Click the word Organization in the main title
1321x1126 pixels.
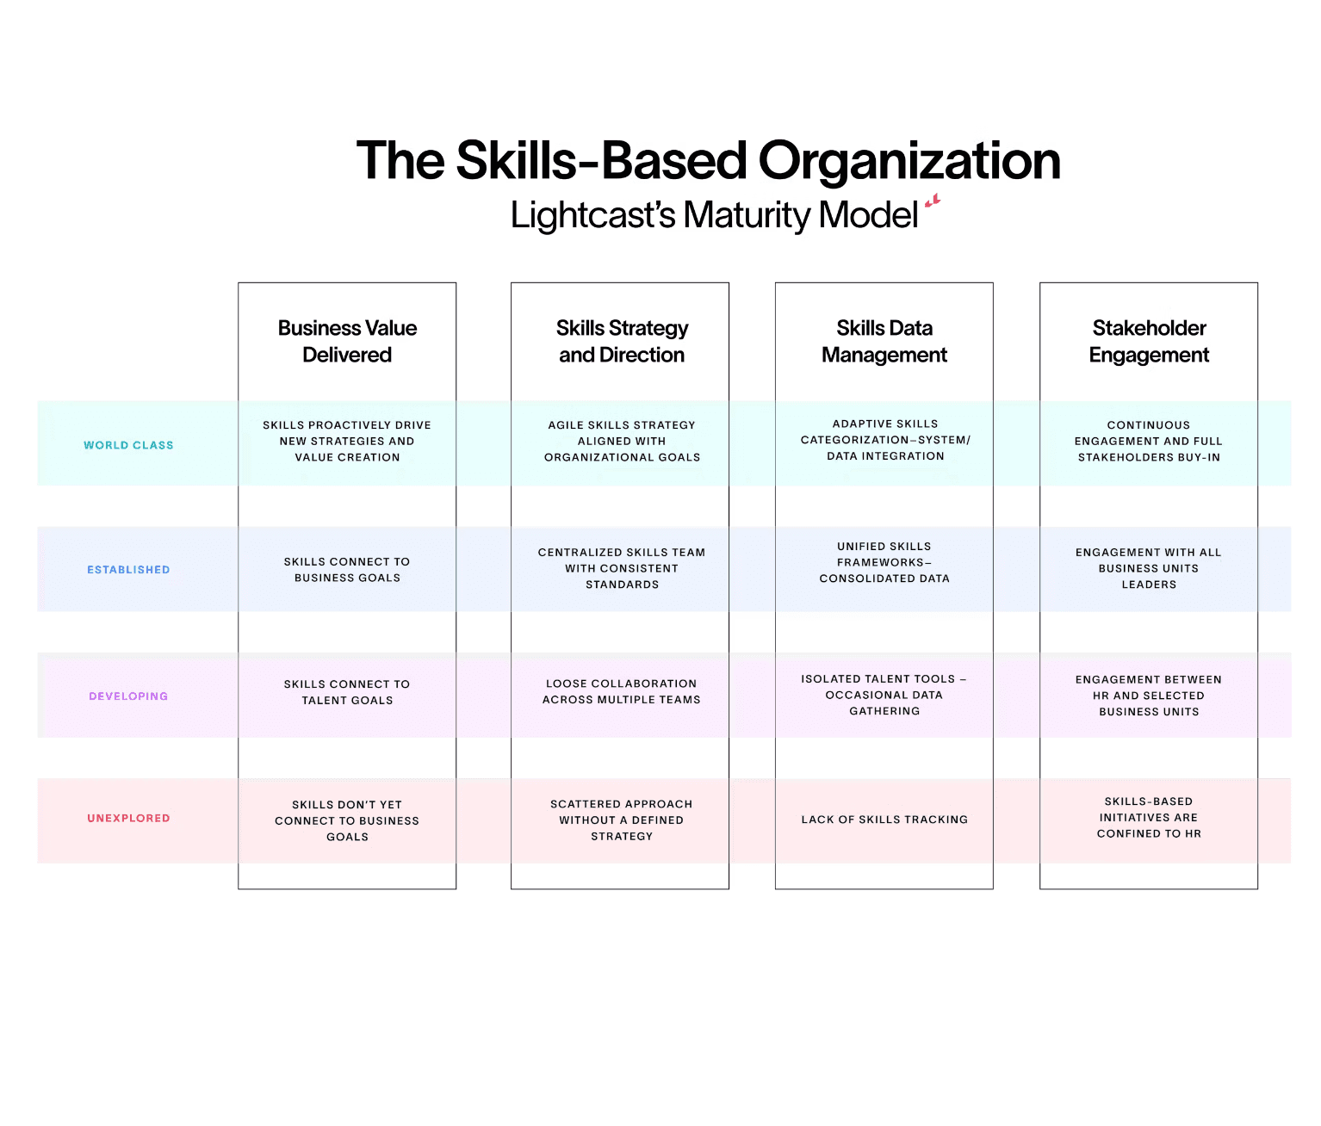coord(909,161)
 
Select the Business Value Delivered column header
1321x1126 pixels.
coord(347,341)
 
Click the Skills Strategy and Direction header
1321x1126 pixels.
coord(621,341)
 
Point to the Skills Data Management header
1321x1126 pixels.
coord(884,341)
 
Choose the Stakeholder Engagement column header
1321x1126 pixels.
coord(1149,341)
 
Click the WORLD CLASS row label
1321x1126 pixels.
coord(128,445)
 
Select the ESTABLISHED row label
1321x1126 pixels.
coord(128,570)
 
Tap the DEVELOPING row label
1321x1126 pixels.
coord(128,696)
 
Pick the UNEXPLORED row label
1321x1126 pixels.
coord(128,819)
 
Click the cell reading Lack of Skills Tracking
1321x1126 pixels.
coord(884,820)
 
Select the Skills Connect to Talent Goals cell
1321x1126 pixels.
coord(347,692)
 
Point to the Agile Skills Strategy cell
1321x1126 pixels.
coord(621,441)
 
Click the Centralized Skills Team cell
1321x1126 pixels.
coord(621,568)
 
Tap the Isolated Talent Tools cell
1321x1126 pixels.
coord(884,695)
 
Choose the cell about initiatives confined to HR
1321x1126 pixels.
coord(1149,818)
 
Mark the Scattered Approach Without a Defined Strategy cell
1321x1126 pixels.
coord(621,820)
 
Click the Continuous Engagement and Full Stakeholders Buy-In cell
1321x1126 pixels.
coord(1149,441)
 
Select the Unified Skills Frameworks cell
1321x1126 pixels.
coord(884,562)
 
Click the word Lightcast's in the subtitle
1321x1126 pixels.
coord(592,215)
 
